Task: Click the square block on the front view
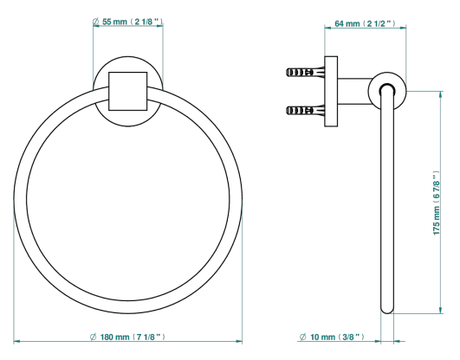click(128, 91)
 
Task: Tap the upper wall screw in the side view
click(305, 72)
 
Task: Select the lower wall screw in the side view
click(305, 110)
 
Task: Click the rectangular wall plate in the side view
click(331, 92)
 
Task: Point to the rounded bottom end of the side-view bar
click(387, 309)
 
